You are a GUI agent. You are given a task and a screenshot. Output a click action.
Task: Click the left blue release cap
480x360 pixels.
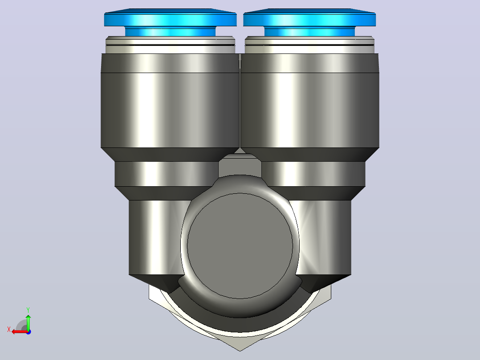[x=170, y=18]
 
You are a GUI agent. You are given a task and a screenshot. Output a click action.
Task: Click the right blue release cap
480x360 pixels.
[x=309, y=18]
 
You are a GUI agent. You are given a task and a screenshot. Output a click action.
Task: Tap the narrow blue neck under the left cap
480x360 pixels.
[x=170, y=32]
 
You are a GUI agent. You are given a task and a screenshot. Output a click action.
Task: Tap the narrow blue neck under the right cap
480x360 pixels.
[x=309, y=32]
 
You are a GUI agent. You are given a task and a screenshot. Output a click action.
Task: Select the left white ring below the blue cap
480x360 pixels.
[x=170, y=45]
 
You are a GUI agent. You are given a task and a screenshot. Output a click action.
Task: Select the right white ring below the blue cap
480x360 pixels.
[x=309, y=45]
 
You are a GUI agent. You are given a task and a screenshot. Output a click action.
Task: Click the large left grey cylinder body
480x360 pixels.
[x=170, y=101]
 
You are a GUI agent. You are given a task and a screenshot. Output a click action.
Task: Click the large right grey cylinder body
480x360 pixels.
[x=310, y=101]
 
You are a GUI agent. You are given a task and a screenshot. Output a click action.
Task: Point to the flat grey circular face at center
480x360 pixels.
[x=240, y=246]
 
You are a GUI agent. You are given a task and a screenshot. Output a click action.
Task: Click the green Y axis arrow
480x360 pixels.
[x=28, y=322]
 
